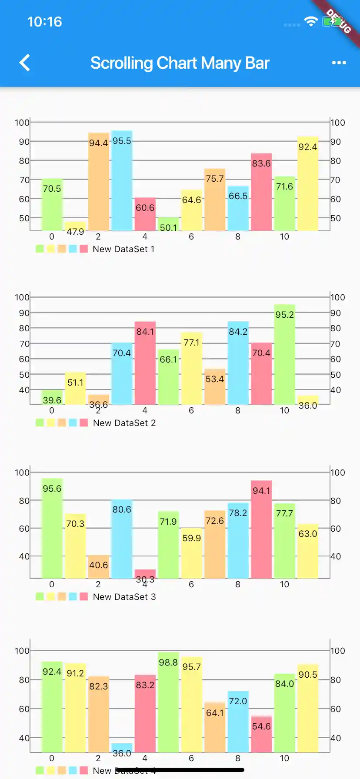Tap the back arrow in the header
pos(25,63)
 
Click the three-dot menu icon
pos(339,63)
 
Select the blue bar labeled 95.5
pos(122,183)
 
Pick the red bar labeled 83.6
pos(261,193)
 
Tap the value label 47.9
pos(75,232)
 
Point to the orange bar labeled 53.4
pos(215,387)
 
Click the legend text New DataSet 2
pos(124,423)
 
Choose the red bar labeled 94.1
pos(261,530)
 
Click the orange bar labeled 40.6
pos(99,567)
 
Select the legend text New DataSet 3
pos(124,597)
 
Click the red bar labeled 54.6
pos(261,735)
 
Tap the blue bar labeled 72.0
pos(238,722)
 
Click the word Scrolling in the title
pos(121,63)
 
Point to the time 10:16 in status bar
pos(44,22)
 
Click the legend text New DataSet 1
pos(123,249)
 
